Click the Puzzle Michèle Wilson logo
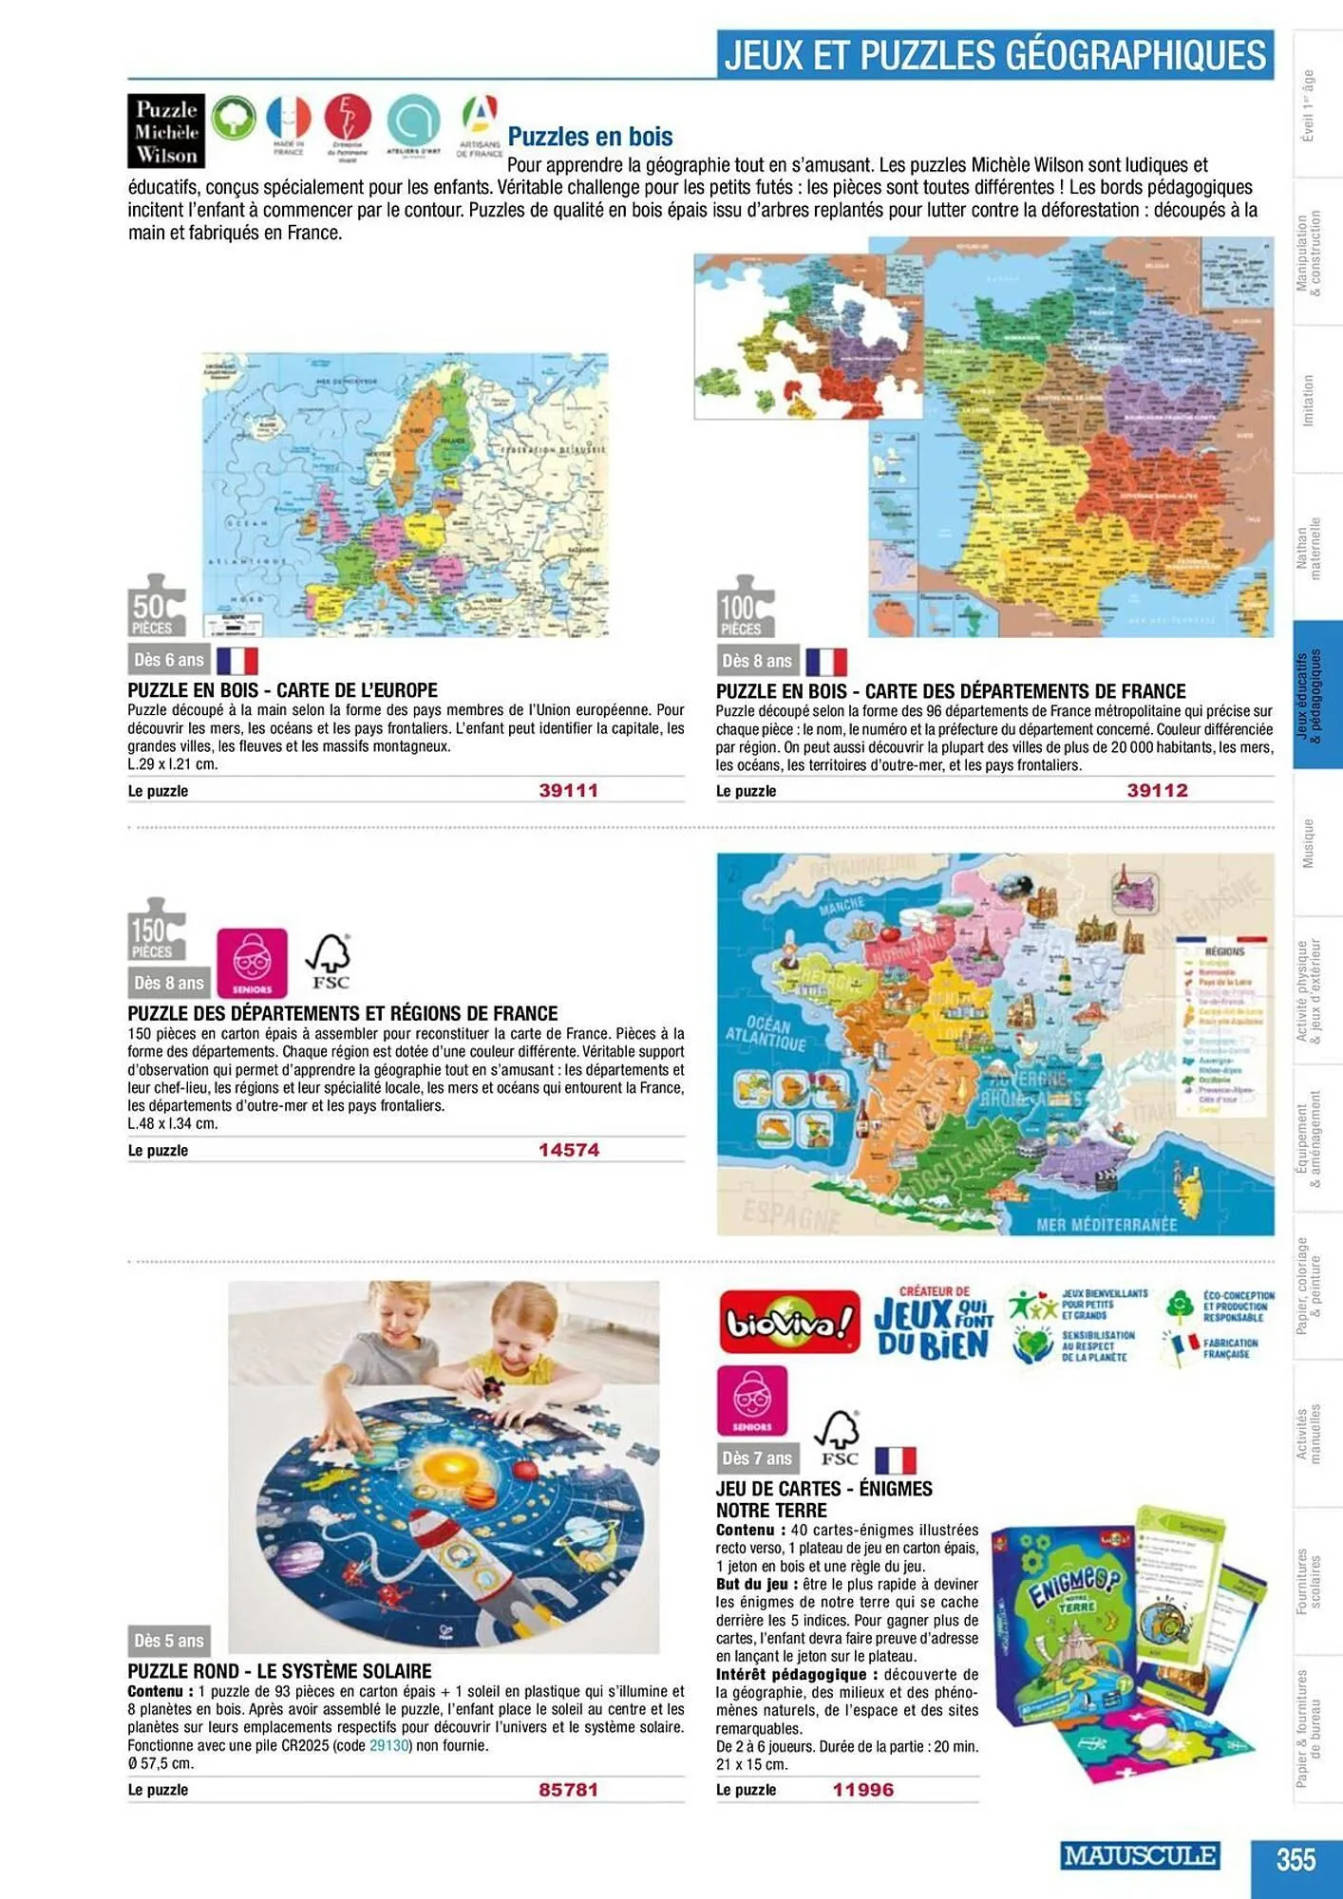166,131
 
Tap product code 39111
568,790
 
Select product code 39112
1157,790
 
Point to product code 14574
569,1150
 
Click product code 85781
568,1790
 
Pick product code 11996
862,1790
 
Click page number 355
1296,1858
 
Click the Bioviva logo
789,1322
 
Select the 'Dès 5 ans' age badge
169,1641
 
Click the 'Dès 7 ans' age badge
756,1458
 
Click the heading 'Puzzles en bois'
590,137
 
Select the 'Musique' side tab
1308,843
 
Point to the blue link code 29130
388,1745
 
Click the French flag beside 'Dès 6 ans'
237,660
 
